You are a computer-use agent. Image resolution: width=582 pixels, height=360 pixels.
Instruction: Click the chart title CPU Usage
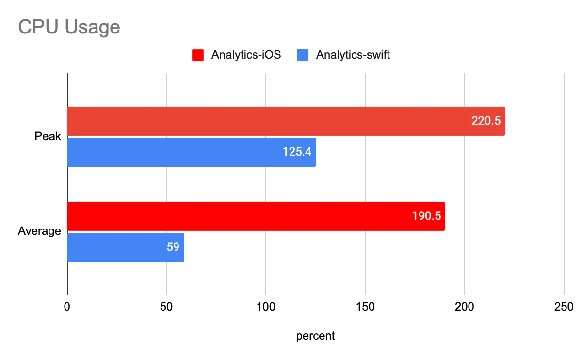[69, 27]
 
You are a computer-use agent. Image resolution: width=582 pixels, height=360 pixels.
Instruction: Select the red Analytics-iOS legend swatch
[198, 55]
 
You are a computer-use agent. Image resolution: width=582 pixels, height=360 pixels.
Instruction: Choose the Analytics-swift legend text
[353, 55]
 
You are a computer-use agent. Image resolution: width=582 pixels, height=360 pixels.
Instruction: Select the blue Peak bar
[175, 152]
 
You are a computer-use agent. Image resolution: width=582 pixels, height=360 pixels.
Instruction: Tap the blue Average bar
[116, 247]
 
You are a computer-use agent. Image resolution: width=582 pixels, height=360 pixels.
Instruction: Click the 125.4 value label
[297, 152]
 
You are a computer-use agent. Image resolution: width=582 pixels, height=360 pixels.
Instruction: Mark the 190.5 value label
[426, 216]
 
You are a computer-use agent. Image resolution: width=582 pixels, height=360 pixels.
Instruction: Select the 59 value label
[173, 247]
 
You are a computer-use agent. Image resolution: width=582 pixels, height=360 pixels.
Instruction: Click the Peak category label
[48, 136]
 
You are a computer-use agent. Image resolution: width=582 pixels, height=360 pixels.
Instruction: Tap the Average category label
[39, 231]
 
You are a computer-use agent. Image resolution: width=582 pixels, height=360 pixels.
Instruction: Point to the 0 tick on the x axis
[67, 307]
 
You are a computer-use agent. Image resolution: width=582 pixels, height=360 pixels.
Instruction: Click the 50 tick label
[166, 307]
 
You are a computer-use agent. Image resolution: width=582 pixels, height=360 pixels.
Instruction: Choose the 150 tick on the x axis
[365, 307]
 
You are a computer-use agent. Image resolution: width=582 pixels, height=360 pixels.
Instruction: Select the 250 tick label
[564, 307]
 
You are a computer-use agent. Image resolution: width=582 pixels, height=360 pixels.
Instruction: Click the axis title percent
[315, 336]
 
